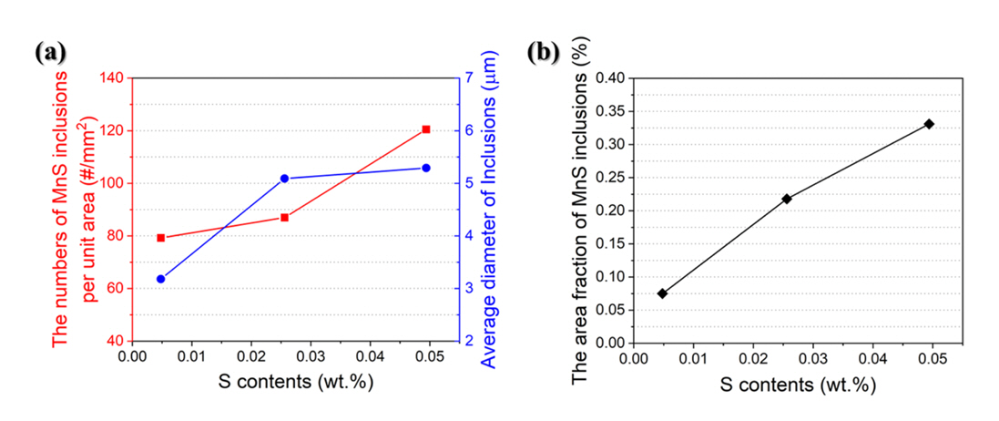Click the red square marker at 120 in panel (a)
[x=425, y=129]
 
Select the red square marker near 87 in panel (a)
[x=284, y=217]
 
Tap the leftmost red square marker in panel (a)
[x=161, y=238]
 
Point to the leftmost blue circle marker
[x=161, y=279]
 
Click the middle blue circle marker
[x=284, y=179]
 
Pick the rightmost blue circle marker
[x=425, y=168]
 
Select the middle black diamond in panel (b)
[x=787, y=199]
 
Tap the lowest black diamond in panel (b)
[x=662, y=293]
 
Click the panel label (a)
[x=51, y=53]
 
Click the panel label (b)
[x=544, y=53]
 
